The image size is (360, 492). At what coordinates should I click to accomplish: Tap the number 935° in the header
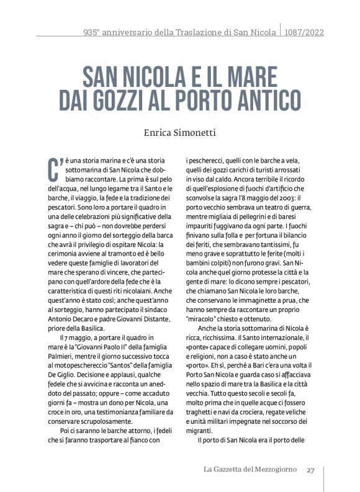point(94,32)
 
